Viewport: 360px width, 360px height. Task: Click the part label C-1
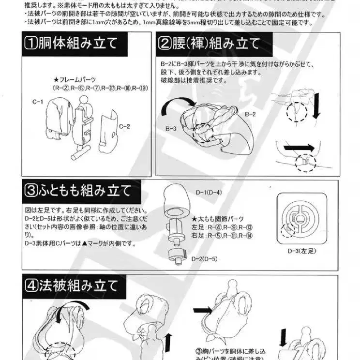click(38, 102)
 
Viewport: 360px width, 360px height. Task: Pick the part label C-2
click(124, 126)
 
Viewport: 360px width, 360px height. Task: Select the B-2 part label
click(250, 114)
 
